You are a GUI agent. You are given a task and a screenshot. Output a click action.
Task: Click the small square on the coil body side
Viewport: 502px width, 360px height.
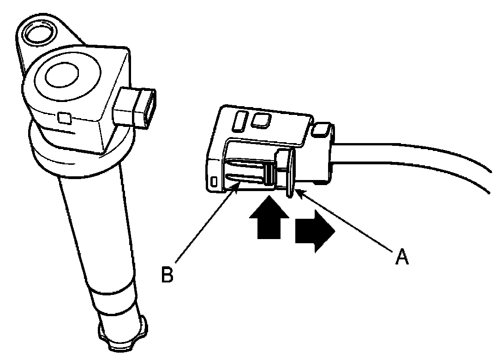pos(65,119)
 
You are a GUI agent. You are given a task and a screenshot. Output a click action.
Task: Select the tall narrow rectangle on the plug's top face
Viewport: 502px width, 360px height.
pos(240,121)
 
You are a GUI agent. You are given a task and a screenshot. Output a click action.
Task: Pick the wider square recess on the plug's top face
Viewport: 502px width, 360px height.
pos(261,120)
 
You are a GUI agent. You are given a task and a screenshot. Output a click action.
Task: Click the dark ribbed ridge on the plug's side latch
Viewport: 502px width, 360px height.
pos(268,174)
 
